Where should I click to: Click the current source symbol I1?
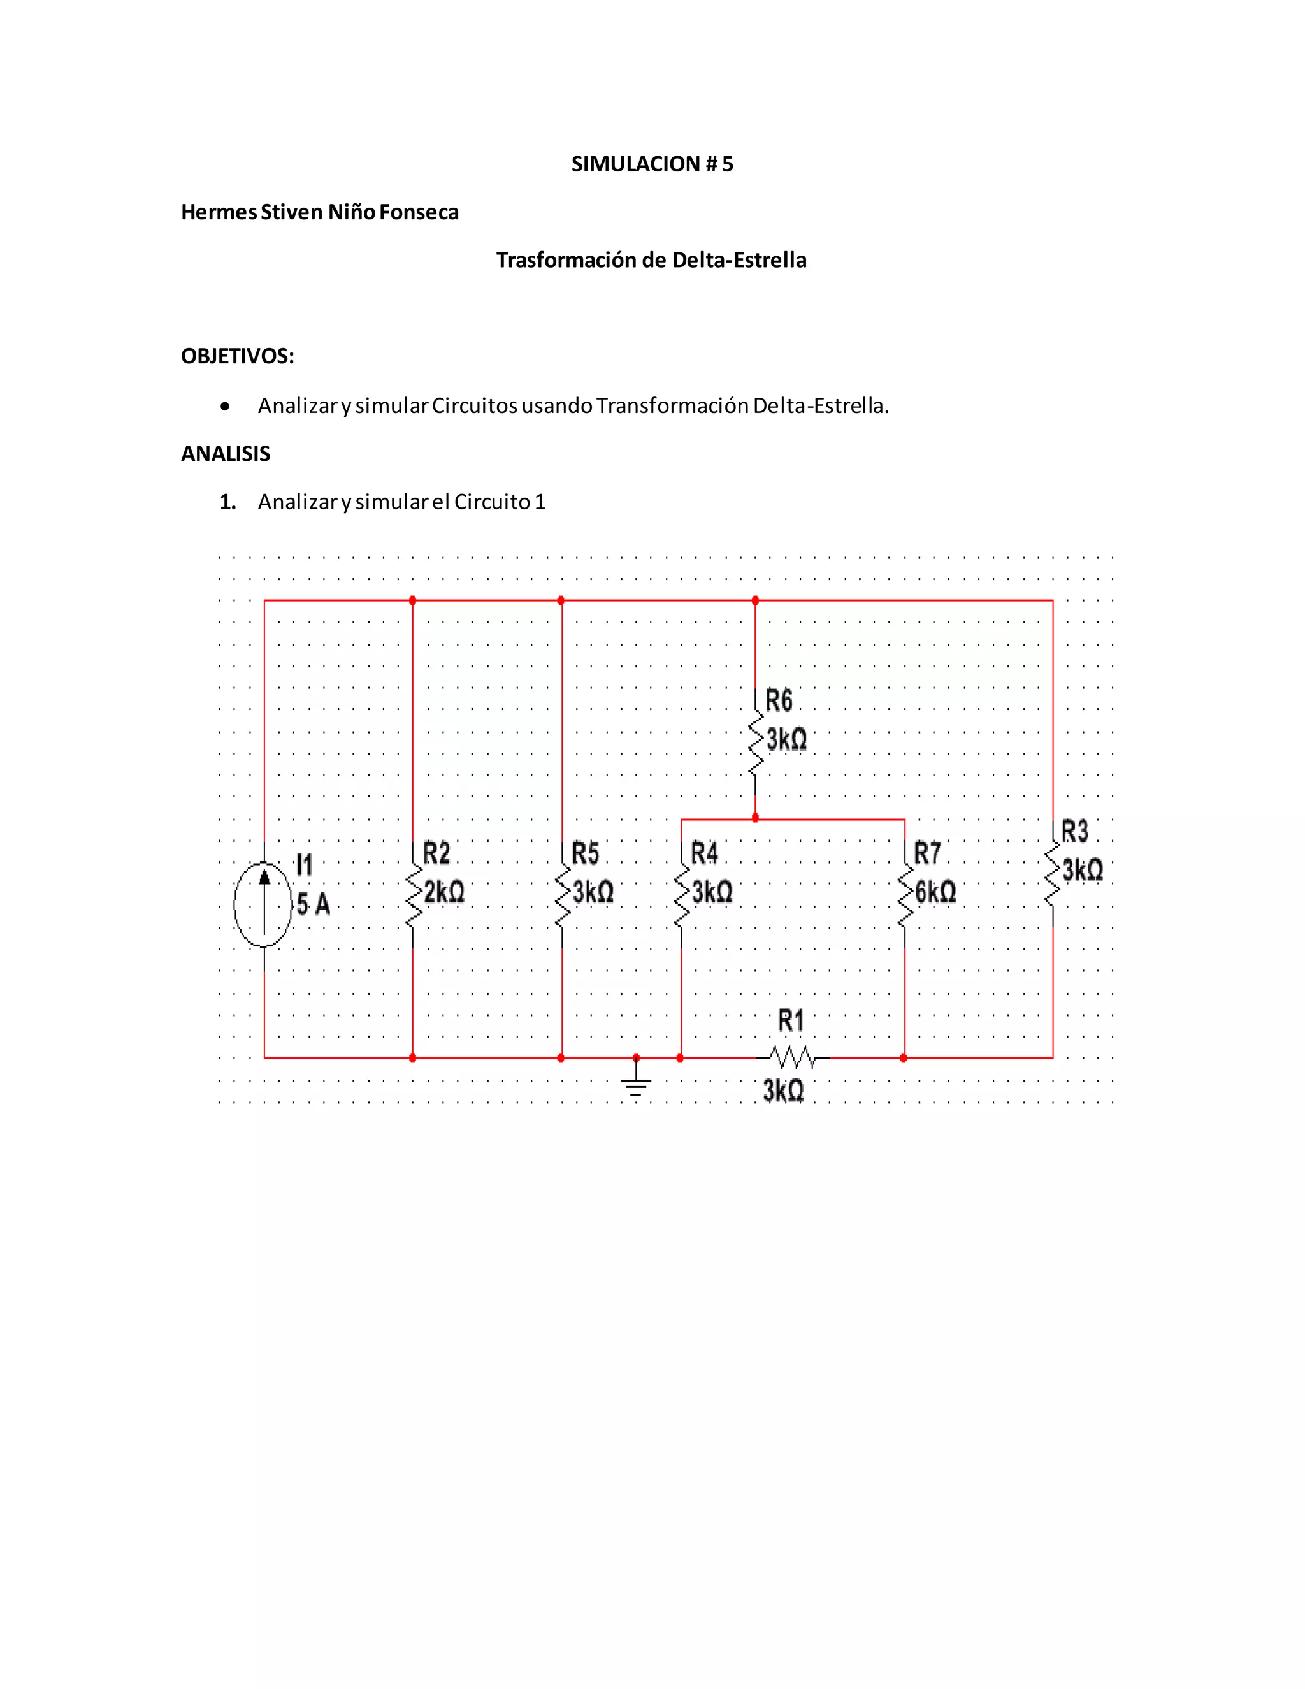(264, 904)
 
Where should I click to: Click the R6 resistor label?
(779, 700)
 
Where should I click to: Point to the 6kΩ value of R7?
(935, 892)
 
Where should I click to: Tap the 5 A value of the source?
(313, 903)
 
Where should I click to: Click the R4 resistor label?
(704, 854)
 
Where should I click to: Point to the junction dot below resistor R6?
(755, 818)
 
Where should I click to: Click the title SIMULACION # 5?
(652, 164)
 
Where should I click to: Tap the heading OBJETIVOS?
(237, 356)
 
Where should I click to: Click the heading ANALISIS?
(226, 454)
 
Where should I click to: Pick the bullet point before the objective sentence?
(225, 406)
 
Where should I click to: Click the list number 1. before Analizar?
(227, 502)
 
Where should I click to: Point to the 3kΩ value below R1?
(783, 1091)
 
